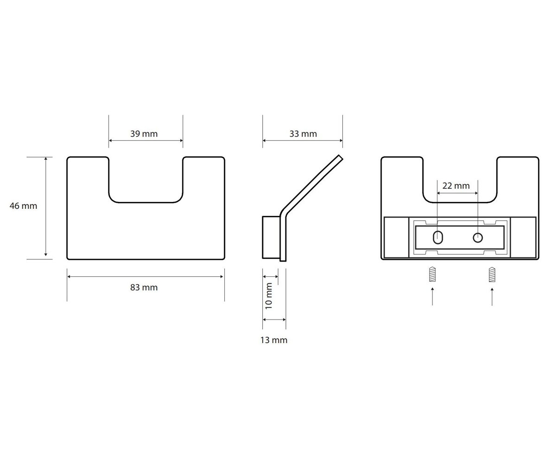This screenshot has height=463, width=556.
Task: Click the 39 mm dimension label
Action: (144, 134)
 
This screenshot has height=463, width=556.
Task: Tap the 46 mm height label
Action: (23, 206)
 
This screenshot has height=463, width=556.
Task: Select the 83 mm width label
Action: (144, 288)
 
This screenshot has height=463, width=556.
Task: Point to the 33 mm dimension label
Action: (303, 134)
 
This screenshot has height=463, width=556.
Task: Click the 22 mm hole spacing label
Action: (456, 186)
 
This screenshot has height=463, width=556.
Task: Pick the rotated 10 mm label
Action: (269, 296)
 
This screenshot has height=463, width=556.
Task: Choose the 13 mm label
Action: (274, 340)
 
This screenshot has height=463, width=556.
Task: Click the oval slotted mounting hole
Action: (438, 238)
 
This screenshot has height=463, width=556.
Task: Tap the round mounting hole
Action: (478, 238)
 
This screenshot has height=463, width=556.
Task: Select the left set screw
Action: (432, 274)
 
